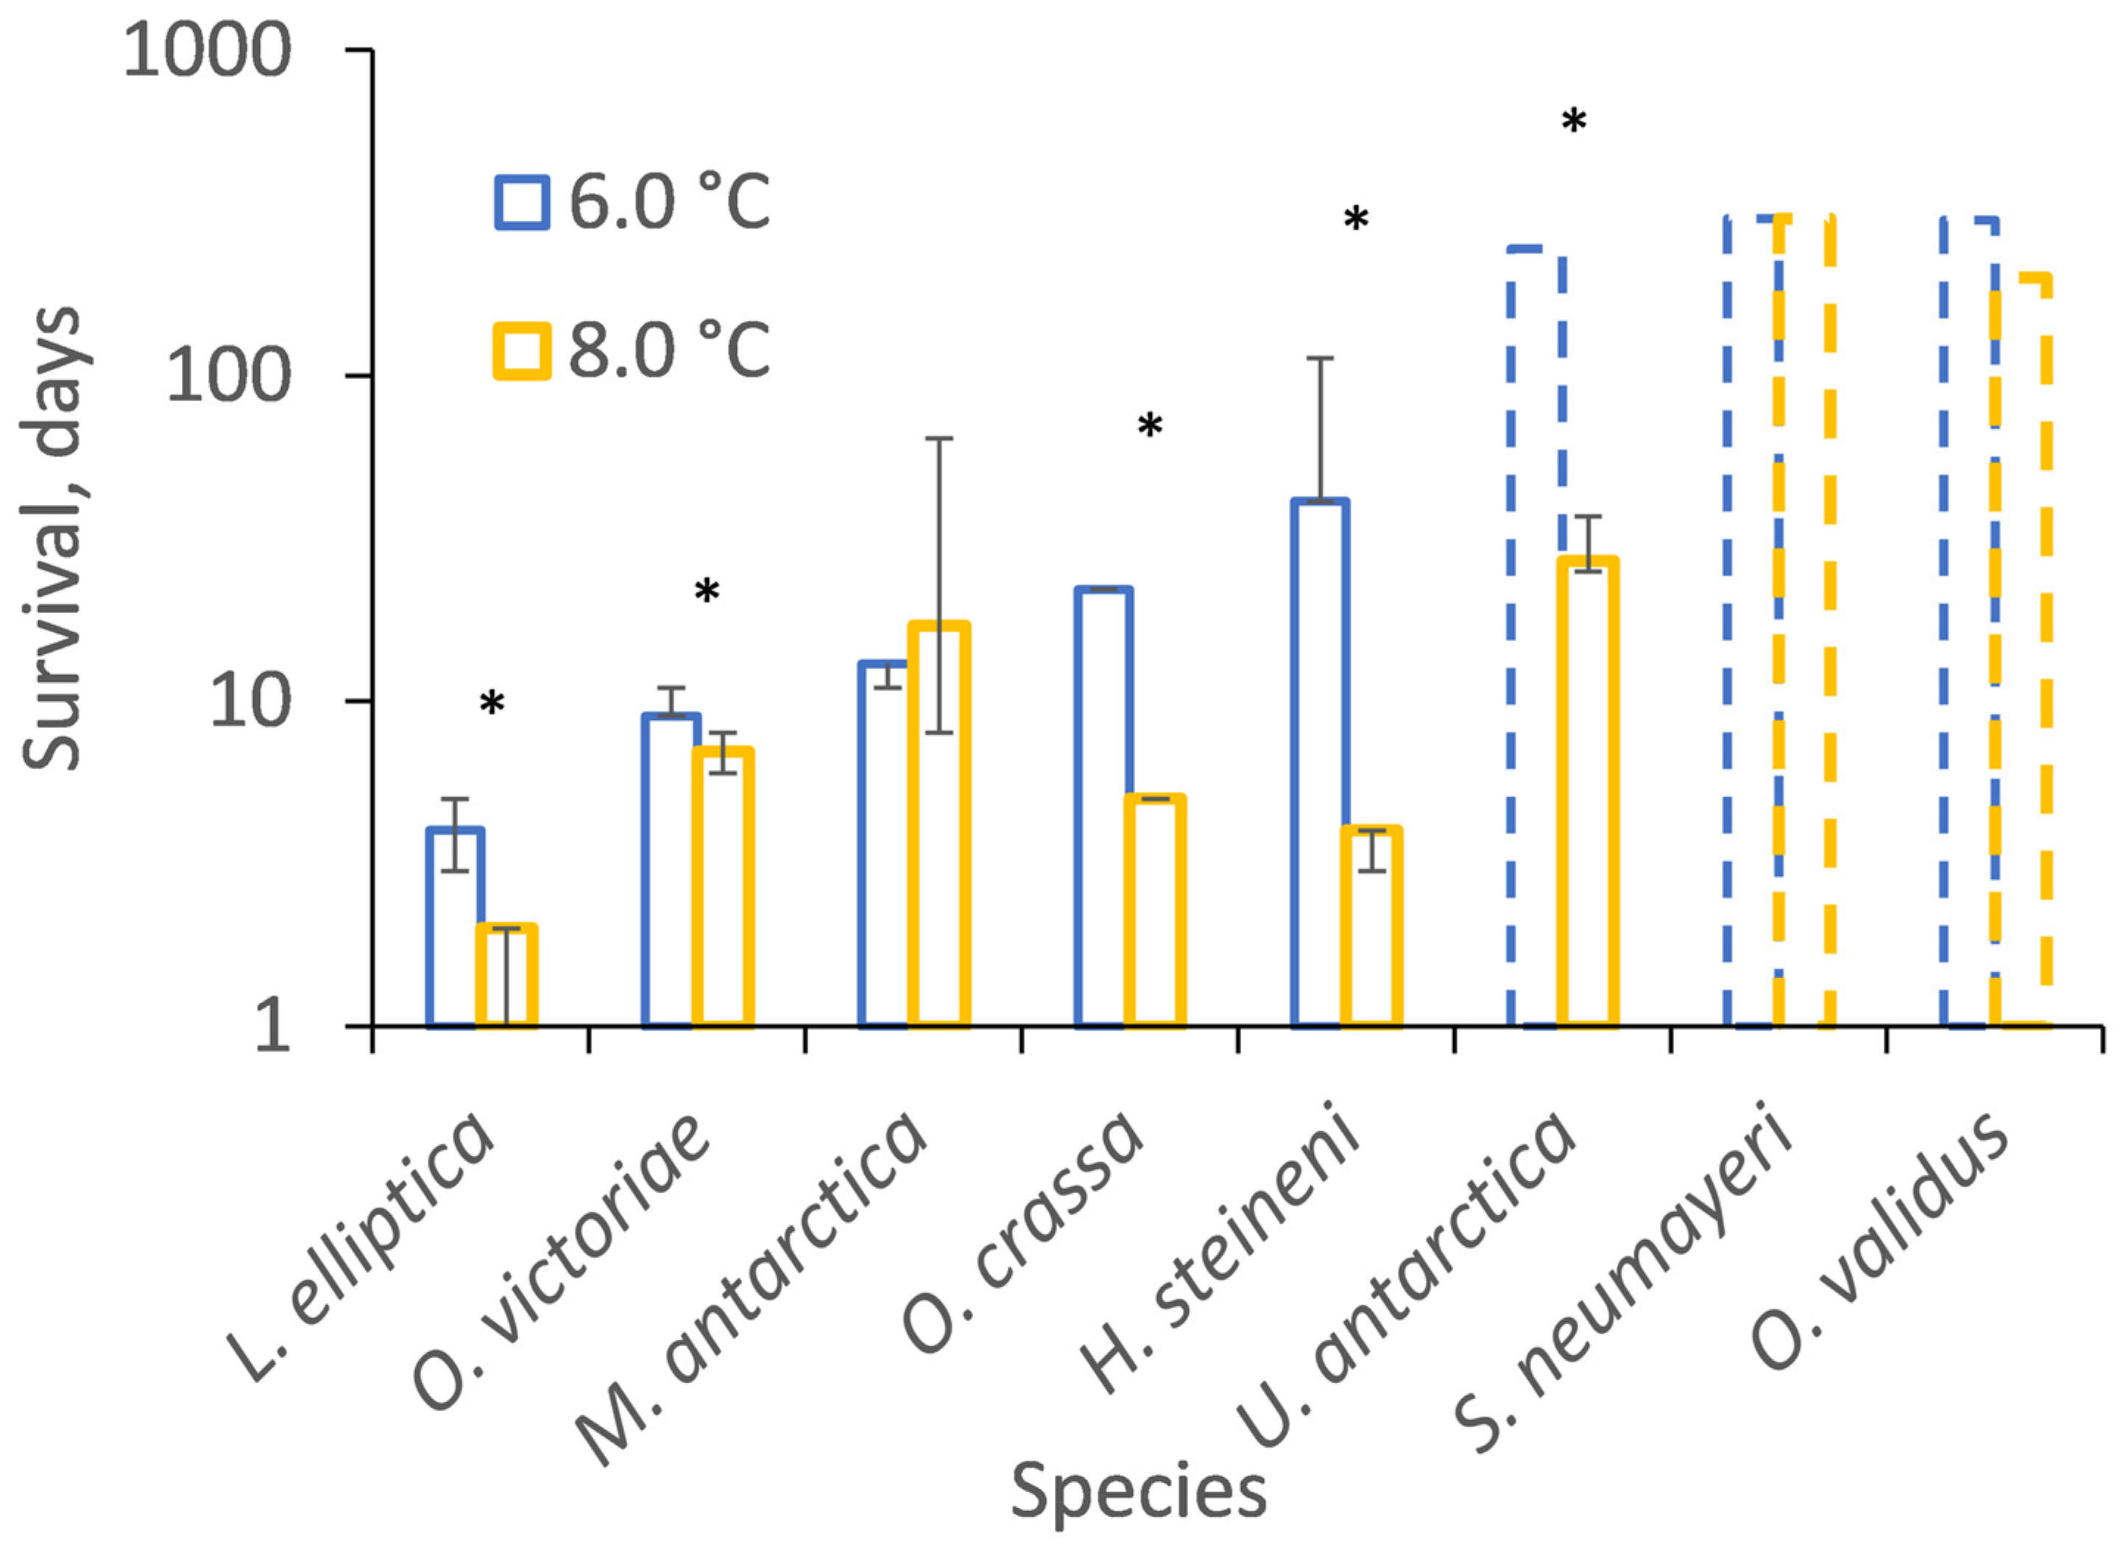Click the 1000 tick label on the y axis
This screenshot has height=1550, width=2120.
(206, 52)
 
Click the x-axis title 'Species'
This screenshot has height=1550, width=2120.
(1137, 1491)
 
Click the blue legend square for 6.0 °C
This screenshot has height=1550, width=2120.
(522, 202)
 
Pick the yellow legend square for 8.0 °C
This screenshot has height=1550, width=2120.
(522, 351)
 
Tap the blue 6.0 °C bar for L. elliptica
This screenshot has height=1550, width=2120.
(454, 929)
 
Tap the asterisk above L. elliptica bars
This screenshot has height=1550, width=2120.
(492, 703)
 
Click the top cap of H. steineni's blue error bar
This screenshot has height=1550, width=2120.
(1320, 358)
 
